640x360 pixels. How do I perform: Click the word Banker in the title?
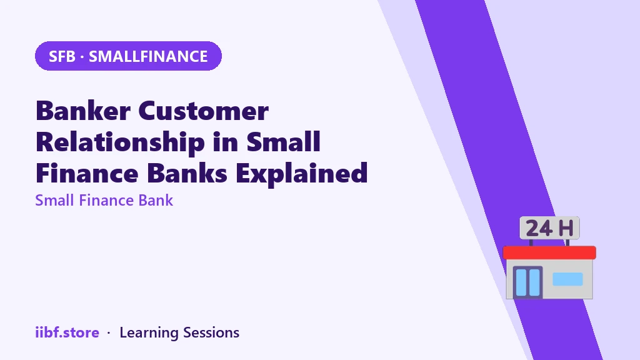[x=83, y=111]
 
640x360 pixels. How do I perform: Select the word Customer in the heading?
[x=204, y=111]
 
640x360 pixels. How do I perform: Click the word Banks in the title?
[x=187, y=173]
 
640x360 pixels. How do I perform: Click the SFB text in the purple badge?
[x=62, y=56]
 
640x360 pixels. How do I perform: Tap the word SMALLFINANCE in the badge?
[x=148, y=56]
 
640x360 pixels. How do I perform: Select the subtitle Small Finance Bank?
[x=104, y=201]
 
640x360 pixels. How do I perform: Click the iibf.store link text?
[x=67, y=332]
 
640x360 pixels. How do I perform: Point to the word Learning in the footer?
[x=149, y=333]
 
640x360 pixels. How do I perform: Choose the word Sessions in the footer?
[x=211, y=332]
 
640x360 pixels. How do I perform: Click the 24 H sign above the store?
[x=549, y=227]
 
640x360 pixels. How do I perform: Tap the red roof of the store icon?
[x=549, y=252]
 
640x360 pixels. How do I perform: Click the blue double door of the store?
[x=527, y=282]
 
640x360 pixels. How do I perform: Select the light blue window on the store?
[x=567, y=279]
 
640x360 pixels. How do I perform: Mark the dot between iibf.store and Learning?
[x=109, y=333]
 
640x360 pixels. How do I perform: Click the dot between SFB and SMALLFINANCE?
[x=82, y=57]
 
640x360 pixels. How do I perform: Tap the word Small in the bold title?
[x=283, y=142]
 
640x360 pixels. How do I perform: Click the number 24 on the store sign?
[x=539, y=228]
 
